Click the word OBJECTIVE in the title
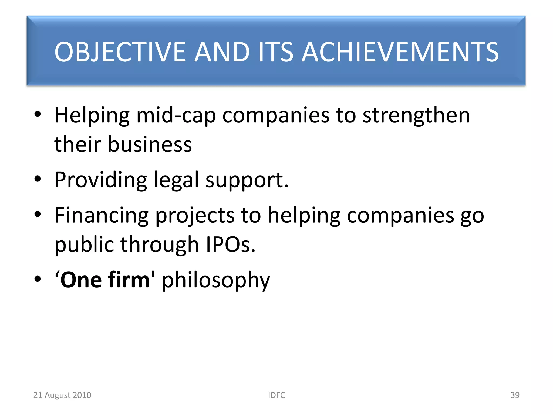tap(120, 52)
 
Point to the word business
tap(150, 144)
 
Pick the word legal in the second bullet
tap(176, 180)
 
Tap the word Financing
tap(102, 216)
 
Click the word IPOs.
tap(230, 245)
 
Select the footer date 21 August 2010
tap(62, 395)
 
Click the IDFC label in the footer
tap(276, 395)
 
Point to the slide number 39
tap(515, 395)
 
